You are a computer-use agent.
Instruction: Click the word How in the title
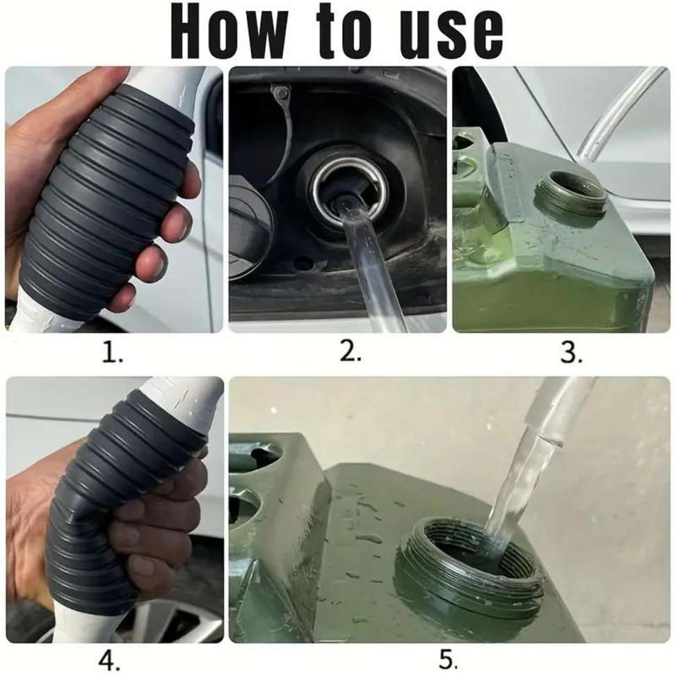pyautogui.click(x=229, y=31)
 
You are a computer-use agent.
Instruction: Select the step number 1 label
pyautogui.click(x=112, y=353)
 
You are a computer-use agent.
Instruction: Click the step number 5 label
pyautogui.click(x=448, y=659)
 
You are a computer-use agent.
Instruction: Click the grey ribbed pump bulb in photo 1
pyautogui.click(x=111, y=202)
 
